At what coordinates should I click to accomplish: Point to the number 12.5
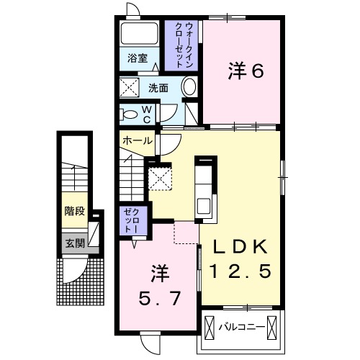241,271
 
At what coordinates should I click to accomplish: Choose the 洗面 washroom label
158,89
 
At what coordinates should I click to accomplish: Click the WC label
145,114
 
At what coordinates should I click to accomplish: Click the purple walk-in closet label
179,43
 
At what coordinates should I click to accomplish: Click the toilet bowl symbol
130,114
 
